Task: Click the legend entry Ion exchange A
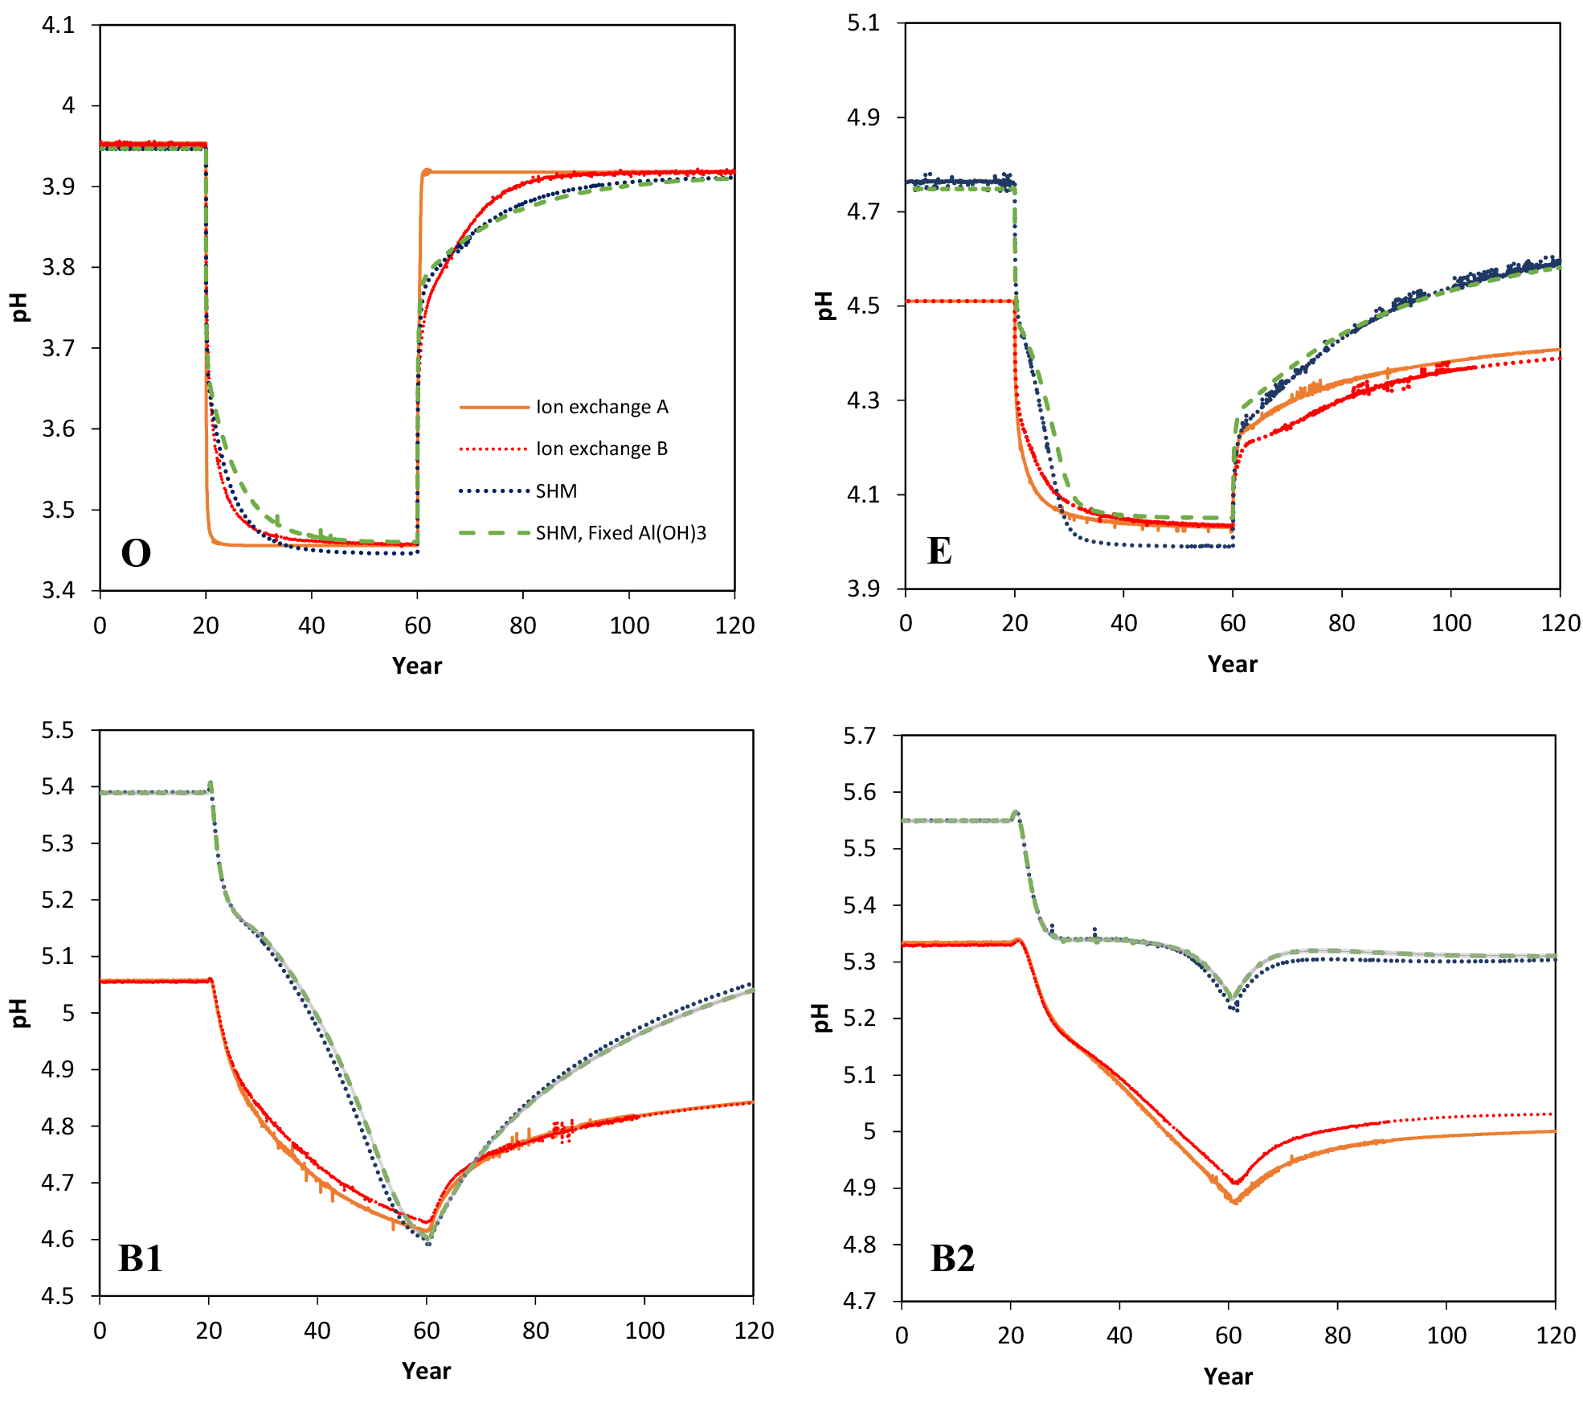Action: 602,407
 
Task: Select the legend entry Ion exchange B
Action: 602,449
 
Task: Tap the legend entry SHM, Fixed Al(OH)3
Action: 620,533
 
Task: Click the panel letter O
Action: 136,553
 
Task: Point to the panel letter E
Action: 939,551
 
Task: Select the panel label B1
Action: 141,1258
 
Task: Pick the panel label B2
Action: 952,1258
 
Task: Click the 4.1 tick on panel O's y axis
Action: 58,26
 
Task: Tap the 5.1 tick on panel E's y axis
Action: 863,23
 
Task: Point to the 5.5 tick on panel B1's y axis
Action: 58,730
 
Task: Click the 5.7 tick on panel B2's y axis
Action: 860,736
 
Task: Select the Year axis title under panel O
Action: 417,666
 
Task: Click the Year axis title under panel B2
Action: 1228,1376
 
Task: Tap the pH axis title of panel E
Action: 824,306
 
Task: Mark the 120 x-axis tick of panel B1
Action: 754,1331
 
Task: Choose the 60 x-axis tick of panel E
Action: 1233,623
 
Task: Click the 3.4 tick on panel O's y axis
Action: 58,591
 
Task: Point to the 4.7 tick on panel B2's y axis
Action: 860,1301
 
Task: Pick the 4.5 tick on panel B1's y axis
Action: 58,1296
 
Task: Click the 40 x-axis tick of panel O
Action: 312,626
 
